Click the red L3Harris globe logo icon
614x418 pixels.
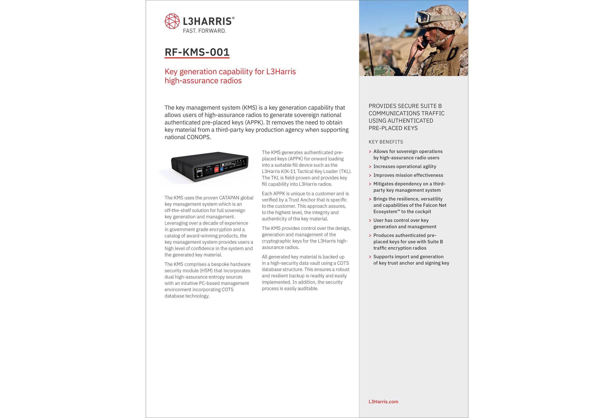pyautogui.click(x=172, y=21)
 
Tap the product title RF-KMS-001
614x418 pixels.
pyautogui.click(x=197, y=52)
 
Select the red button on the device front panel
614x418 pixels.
pyautogui.click(x=216, y=170)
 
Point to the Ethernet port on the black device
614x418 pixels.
pyautogui.click(x=199, y=174)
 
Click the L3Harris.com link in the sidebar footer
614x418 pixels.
pyautogui.click(x=383, y=402)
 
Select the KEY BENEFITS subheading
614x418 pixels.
pyautogui.click(x=386, y=142)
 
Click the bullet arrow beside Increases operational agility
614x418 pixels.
pyautogui.click(x=370, y=167)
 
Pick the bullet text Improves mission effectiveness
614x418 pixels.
pyautogui.click(x=408, y=175)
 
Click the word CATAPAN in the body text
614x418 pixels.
pyautogui.click(x=229, y=198)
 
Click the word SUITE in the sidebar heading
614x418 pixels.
pyautogui.click(x=420, y=106)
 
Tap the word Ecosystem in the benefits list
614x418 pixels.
pyautogui.click(x=385, y=212)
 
